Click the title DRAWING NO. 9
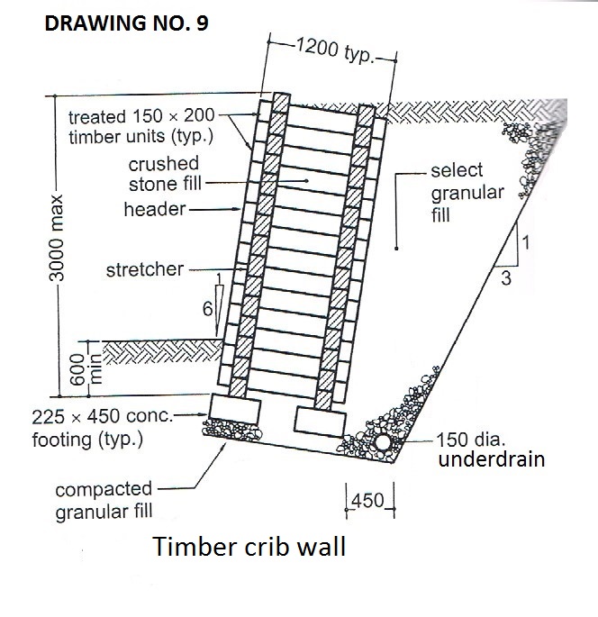tap(125, 23)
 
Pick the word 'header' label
tap(155, 209)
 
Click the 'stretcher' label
tap(144, 268)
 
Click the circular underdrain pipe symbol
tap(384, 443)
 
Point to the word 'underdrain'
tap(492, 458)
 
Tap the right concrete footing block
tap(318, 419)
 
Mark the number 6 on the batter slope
tap(207, 308)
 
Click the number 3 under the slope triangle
tap(506, 279)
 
